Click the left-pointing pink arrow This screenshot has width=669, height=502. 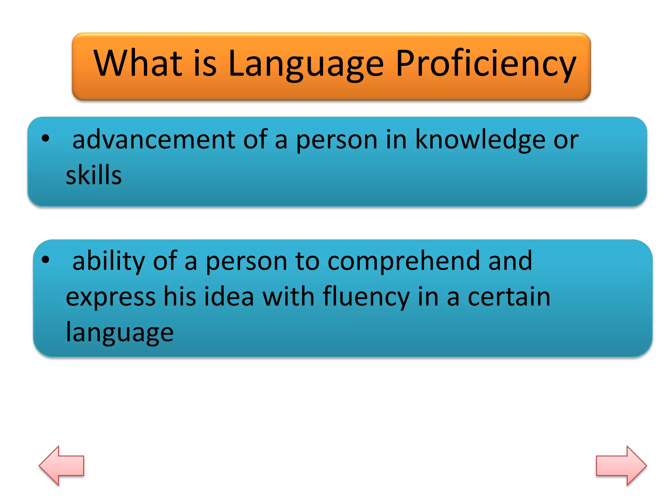coord(62,465)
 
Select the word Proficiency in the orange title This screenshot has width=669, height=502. coord(486,64)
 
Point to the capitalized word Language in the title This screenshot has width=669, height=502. coord(306,64)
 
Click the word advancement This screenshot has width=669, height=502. coord(154,140)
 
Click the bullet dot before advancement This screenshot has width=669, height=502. coord(45,138)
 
